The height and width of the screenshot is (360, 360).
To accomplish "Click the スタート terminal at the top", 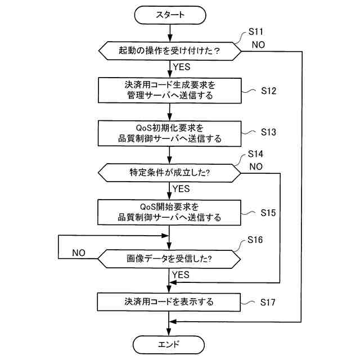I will pos(169,15).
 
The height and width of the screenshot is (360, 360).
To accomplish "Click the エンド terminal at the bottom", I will pos(169,343).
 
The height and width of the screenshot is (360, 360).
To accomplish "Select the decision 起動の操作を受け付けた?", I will pos(169,51).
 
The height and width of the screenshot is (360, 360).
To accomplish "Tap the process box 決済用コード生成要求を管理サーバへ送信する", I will pos(169,91).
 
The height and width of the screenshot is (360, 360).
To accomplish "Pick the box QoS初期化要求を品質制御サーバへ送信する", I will pos(169,133).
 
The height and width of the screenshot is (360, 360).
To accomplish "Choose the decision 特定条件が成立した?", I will pos(169,172).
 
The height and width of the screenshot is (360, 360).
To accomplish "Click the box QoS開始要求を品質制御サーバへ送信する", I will pos(169,212).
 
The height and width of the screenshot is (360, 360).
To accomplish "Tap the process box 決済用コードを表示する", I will pos(169,301).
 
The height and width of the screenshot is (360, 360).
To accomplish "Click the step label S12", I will pos(268,91).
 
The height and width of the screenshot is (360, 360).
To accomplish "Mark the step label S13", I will pos(268,133).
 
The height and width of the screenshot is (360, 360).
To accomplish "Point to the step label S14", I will pos(256,154).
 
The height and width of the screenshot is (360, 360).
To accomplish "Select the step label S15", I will pos(268,213).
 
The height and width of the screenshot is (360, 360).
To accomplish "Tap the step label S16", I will pos(256,240).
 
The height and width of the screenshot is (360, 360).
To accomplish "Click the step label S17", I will pos(268,302).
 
